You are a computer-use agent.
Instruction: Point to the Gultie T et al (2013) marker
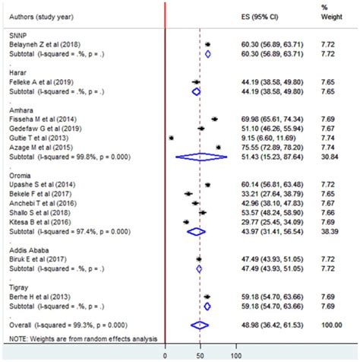pyautogui.click(x=172, y=138)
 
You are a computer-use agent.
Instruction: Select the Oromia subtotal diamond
pyautogui.click(x=196, y=231)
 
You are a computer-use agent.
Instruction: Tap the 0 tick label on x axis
pyautogui.click(x=165, y=354)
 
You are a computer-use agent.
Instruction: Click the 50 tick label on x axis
pyautogui.click(x=200, y=354)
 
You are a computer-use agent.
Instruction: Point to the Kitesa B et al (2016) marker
pyautogui.click(x=186, y=221)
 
